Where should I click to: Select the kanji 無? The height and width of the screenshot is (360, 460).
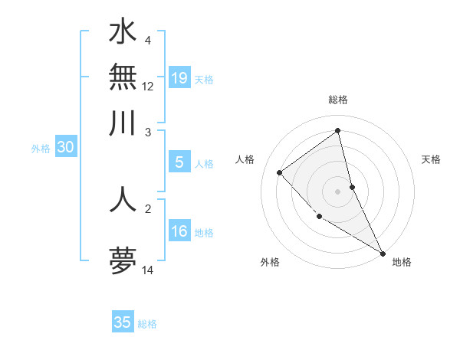click(x=123, y=77)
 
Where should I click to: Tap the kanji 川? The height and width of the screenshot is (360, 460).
click(x=123, y=123)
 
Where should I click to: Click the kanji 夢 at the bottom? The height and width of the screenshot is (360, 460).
click(x=123, y=260)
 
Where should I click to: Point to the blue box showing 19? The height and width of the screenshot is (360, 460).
click(x=179, y=78)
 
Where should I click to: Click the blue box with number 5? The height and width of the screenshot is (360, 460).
click(x=179, y=162)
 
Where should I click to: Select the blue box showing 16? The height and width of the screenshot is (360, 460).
click(x=179, y=231)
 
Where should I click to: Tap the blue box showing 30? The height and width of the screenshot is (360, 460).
click(x=65, y=148)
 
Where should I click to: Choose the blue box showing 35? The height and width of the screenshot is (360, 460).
click(x=123, y=322)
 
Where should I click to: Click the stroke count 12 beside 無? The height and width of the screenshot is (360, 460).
click(x=148, y=86)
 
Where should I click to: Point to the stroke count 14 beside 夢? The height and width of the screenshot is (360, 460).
click(x=148, y=270)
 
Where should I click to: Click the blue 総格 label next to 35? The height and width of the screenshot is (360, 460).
click(x=147, y=324)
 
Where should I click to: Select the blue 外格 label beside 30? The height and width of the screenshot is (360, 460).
click(x=40, y=149)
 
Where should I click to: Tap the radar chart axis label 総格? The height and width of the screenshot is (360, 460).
click(x=338, y=100)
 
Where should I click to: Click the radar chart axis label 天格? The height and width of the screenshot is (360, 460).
click(x=432, y=159)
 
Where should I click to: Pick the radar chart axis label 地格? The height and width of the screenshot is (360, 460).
click(x=402, y=262)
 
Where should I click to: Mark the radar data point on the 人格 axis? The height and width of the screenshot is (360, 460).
click(x=280, y=172)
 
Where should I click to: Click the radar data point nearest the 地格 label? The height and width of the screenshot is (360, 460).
click(x=383, y=253)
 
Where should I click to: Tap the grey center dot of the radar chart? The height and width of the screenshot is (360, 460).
click(x=338, y=191)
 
